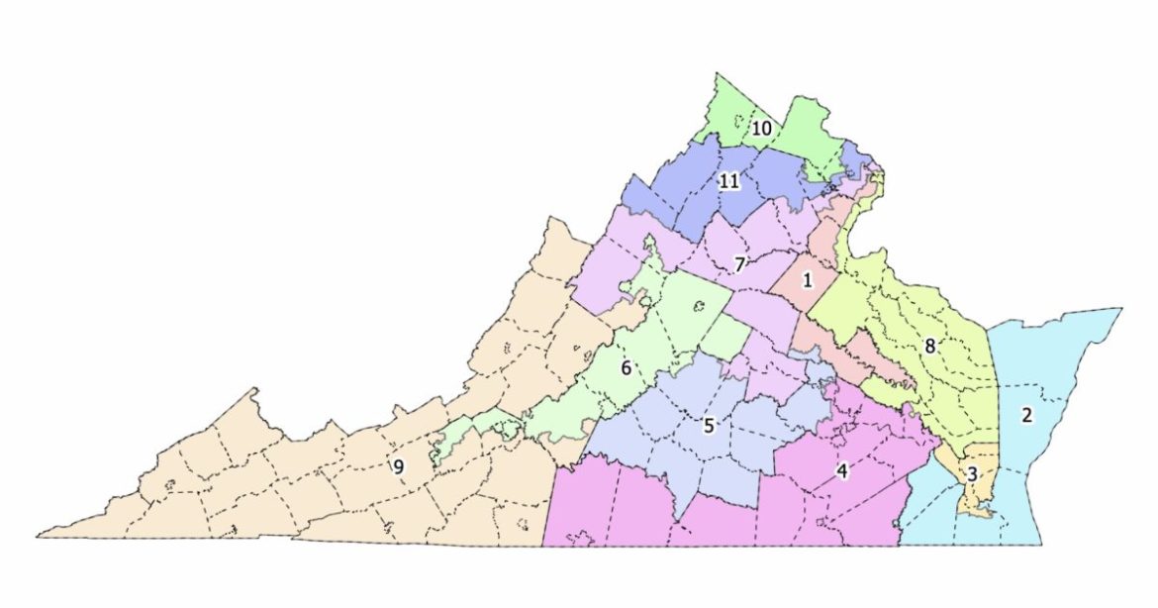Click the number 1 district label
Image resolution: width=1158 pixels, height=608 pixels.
click(x=807, y=280)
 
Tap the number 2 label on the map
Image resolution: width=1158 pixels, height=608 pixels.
click(x=1026, y=416)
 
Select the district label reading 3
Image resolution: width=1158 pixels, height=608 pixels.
click(x=972, y=475)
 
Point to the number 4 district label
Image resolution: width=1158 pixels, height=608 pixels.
click(x=842, y=471)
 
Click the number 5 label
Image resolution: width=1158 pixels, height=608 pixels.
click(x=709, y=427)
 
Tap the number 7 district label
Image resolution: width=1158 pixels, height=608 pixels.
click(x=738, y=264)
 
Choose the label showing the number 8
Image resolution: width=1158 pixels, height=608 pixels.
click(x=929, y=347)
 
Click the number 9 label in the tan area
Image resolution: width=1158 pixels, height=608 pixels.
click(x=398, y=467)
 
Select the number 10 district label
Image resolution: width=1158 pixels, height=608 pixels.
click(x=761, y=129)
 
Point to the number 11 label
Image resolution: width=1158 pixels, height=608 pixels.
click(x=729, y=181)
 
